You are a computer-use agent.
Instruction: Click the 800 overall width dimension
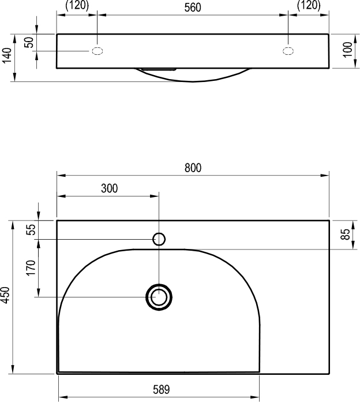193,167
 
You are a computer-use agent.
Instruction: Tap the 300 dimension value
110,188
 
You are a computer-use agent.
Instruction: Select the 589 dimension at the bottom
162,390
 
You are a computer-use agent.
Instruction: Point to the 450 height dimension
5,295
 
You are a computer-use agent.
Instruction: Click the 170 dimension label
31,268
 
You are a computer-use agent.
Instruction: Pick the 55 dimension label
31,229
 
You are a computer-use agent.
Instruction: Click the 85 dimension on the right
346,234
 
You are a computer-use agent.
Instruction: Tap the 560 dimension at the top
193,8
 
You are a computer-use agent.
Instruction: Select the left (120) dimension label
77,5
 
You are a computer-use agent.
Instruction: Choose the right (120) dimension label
309,5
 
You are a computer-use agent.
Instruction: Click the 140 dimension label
7,55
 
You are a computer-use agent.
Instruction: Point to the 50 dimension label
29,42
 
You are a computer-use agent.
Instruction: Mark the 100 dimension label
347,50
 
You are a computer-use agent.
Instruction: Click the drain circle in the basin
159,297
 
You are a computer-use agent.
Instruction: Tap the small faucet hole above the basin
159,239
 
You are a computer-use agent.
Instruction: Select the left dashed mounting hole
97,51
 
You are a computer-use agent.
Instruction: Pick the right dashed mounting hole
288,51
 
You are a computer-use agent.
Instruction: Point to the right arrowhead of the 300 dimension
154,196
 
